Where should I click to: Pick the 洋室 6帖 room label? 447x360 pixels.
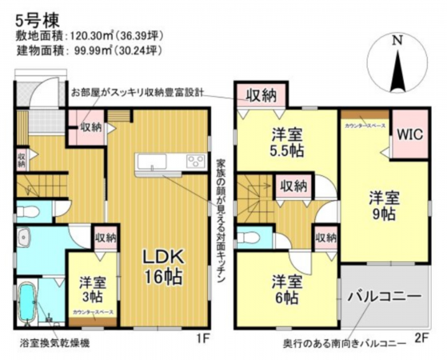pyautogui.click(x=288, y=290)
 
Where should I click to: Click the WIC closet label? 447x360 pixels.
pyautogui.click(x=409, y=132)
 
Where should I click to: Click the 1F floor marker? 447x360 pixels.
pyautogui.click(x=204, y=338)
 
